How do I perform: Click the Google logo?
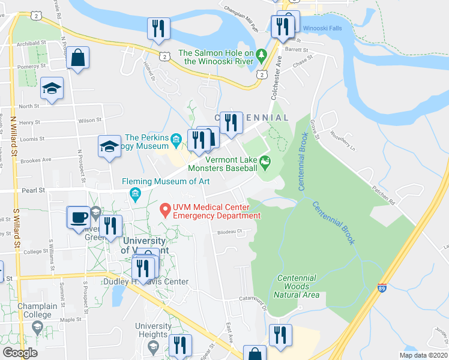click(20, 353)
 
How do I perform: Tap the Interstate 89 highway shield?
click(382, 289)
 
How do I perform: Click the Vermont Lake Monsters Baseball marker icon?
click(265, 161)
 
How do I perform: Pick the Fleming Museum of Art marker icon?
click(135, 193)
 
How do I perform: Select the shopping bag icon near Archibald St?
click(79, 58)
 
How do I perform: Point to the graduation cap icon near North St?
click(52, 89)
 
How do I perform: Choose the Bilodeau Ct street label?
click(229, 231)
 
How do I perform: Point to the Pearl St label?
click(34, 190)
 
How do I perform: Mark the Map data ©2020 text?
click(423, 355)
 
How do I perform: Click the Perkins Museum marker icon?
click(176, 141)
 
